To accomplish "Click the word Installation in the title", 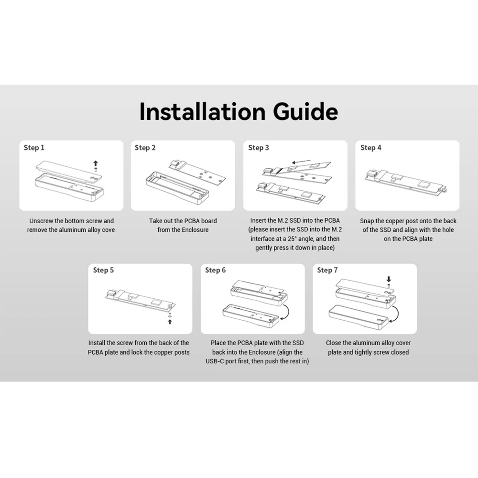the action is (x=202, y=111).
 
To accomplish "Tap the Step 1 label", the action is (x=34, y=148).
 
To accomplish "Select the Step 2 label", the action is (x=145, y=148).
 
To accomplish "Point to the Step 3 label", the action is (x=259, y=148).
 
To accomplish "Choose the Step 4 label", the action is (x=371, y=148).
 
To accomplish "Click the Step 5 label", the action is (x=103, y=270).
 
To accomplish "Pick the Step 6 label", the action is (x=215, y=270).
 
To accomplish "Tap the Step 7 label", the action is (x=327, y=270).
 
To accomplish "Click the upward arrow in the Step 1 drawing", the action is (x=96, y=163).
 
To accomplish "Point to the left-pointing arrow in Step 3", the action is (x=301, y=162).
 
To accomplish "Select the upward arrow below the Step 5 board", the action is (x=170, y=322).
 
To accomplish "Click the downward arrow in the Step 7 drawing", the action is (x=389, y=279).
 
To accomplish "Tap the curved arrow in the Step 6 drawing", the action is (x=288, y=312).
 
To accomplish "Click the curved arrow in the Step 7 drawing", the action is (x=398, y=314).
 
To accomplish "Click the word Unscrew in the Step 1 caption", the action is (x=42, y=221).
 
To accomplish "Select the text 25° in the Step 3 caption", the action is (x=292, y=239).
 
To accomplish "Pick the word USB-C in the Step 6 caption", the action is (x=216, y=361).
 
